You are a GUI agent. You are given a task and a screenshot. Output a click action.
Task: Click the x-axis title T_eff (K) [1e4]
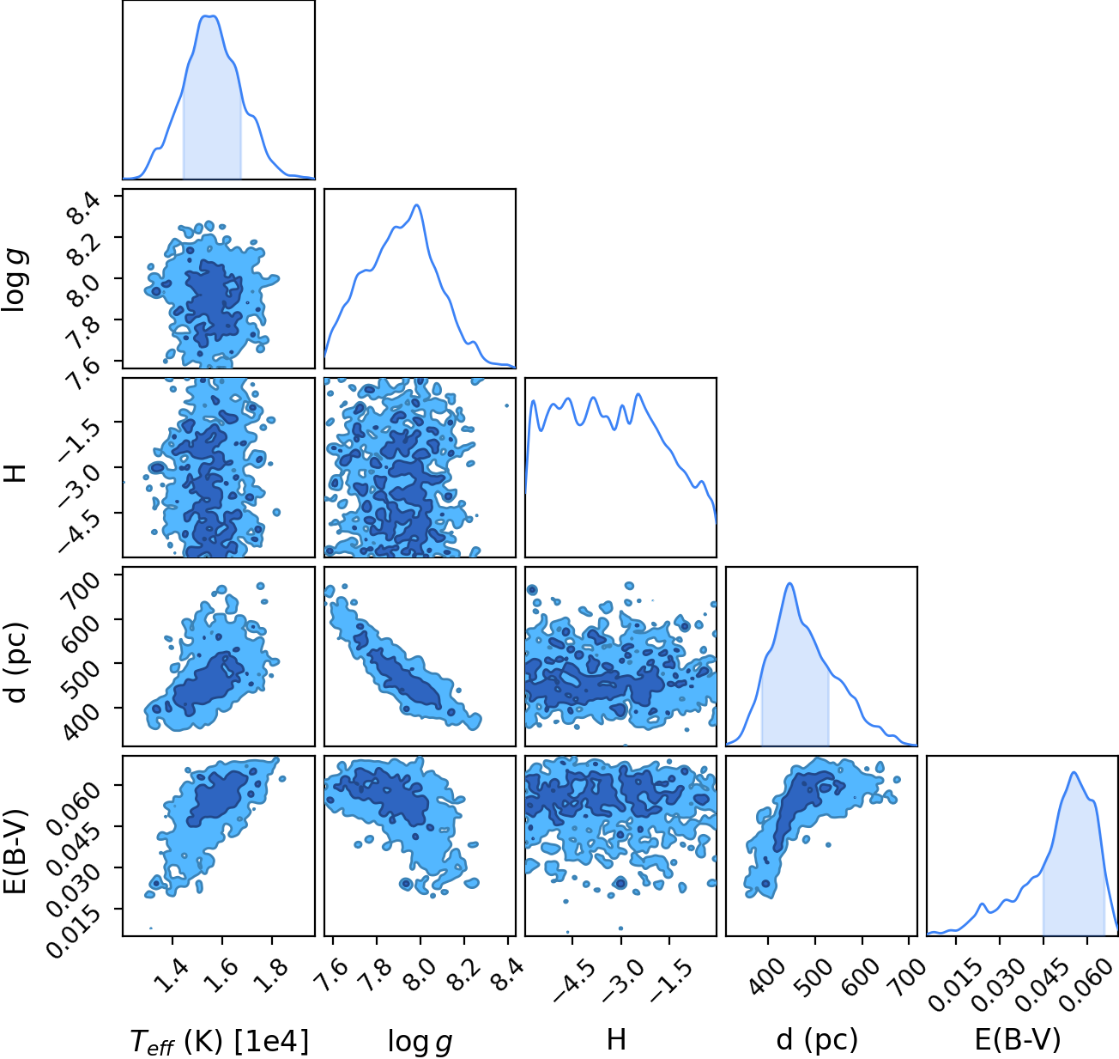(x=219, y=1040)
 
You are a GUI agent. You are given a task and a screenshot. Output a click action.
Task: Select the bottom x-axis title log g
(x=420, y=1041)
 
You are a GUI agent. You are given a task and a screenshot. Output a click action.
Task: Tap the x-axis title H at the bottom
(x=616, y=1039)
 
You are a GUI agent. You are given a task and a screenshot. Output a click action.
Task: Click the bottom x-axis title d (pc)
(x=817, y=1040)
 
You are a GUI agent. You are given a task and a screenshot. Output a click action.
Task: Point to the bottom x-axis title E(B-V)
(x=1018, y=1040)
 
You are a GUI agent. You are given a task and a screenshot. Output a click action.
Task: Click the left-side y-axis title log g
(x=15, y=281)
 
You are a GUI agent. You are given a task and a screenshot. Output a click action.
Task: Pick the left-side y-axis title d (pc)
(x=15, y=663)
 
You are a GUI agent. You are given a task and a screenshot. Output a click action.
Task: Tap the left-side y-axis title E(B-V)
(x=15, y=851)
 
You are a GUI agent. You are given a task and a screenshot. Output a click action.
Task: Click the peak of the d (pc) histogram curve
(x=789, y=583)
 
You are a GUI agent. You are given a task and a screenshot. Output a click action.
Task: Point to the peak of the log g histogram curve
(x=417, y=205)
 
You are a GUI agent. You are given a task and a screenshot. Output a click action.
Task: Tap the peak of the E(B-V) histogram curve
(x=1074, y=772)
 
